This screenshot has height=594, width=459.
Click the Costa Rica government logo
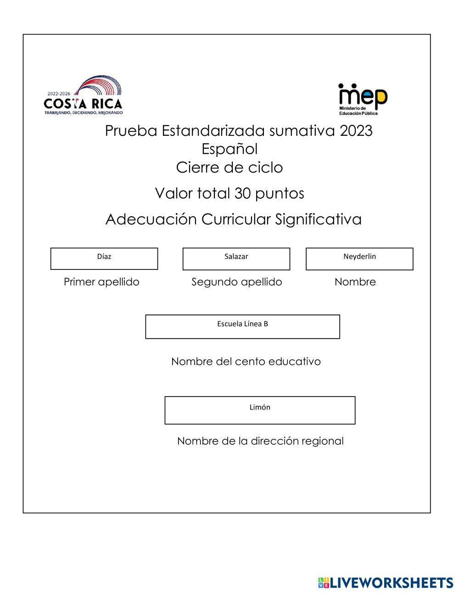point(84,96)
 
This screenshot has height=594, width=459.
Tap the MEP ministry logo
point(363,99)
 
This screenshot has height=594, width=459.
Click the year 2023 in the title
point(356,131)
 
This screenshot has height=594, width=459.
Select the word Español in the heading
point(229,149)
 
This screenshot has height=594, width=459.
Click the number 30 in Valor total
point(242,193)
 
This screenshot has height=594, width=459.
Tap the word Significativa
point(319,219)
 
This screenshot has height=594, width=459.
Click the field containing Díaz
point(104,258)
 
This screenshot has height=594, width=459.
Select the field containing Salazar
point(236,259)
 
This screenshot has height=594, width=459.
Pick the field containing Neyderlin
point(359,259)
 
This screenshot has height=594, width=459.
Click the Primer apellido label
point(101,282)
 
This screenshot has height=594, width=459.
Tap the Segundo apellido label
point(236,282)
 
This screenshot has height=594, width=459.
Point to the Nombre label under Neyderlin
point(355,282)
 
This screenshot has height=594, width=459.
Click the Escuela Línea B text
point(242,324)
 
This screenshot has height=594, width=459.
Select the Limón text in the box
point(260,407)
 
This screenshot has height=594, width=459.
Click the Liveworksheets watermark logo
point(386,583)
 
